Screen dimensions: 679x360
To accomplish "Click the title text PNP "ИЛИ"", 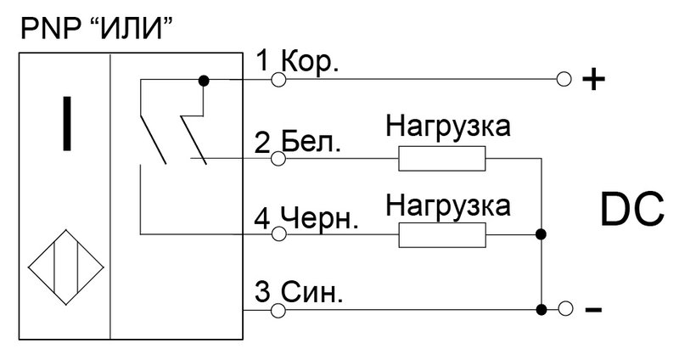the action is [x=97, y=29].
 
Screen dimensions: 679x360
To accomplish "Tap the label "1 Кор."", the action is [x=297, y=60].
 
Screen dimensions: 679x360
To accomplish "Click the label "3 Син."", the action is [x=299, y=292].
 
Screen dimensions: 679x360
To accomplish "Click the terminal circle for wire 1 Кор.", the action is [x=278, y=80].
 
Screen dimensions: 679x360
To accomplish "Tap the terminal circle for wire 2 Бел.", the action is [x=278, y=159].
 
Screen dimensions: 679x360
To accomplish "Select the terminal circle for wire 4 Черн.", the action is [x=278, y=234].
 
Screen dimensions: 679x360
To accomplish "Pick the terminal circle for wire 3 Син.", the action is [x=278, y=310].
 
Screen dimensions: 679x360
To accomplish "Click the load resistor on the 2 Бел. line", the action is [x=442, y=159].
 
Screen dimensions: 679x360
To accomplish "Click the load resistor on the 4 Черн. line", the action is [x=442, y=235].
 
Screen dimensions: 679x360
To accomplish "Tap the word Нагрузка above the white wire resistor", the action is [x=448, y=127].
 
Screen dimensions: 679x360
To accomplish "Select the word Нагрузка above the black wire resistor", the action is [x=448, y=205].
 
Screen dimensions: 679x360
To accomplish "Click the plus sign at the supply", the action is [x=593, y=80].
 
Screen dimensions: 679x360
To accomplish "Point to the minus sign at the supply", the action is [x=593, y=309].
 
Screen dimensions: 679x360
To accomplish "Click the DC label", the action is [x=632, y=210].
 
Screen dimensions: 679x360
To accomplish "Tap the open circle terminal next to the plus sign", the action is [x=564, y=80].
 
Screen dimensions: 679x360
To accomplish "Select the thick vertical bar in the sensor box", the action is [x=67, y=123].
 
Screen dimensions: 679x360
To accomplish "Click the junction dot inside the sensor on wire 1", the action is [x=203, y=80].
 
